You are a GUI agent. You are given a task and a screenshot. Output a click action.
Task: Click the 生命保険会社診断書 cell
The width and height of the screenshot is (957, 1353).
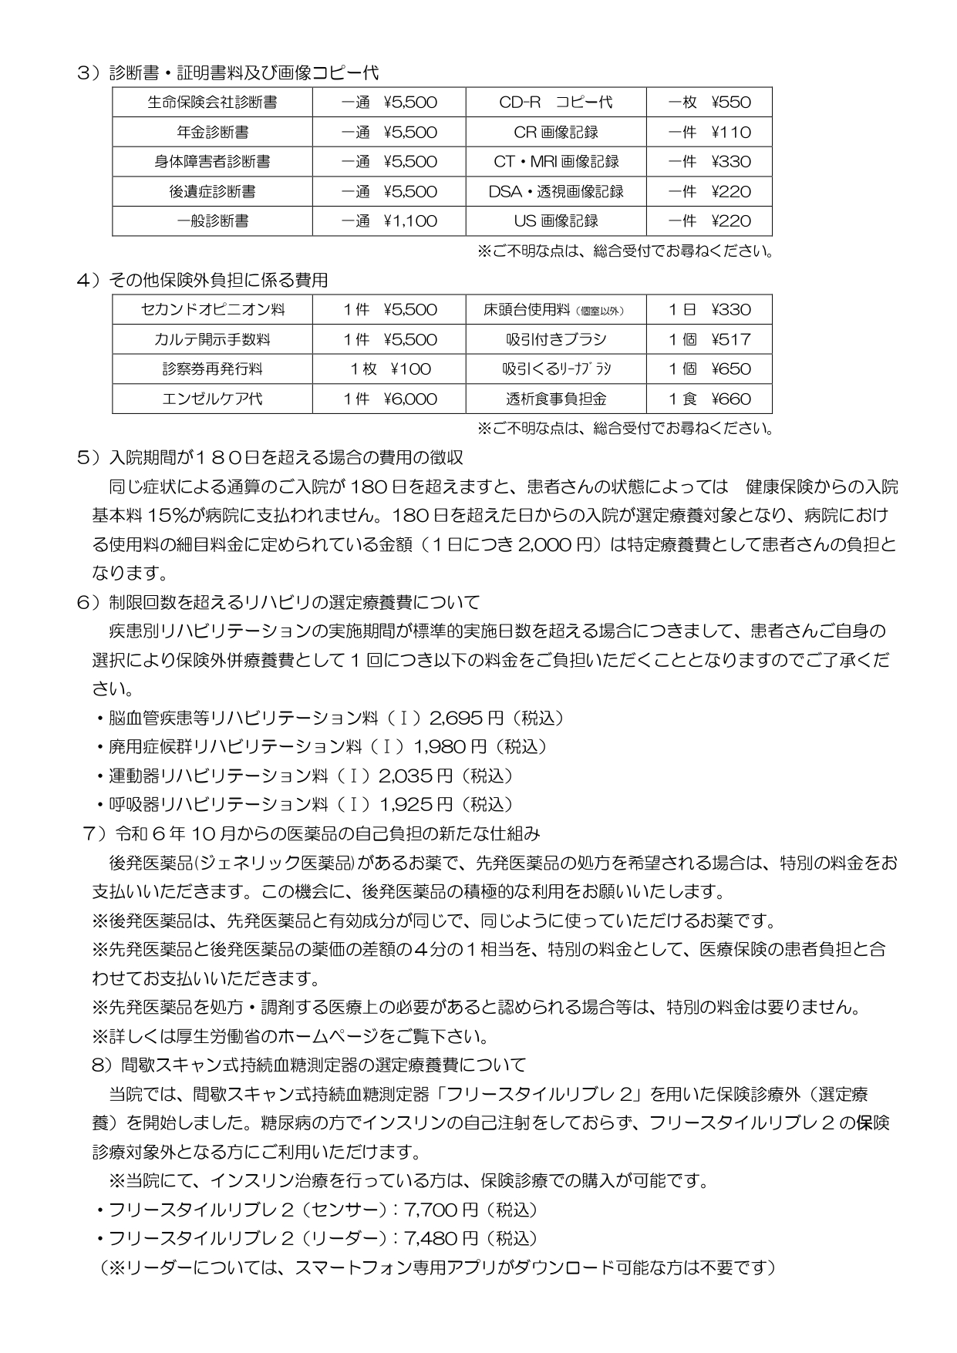tap(212, 103)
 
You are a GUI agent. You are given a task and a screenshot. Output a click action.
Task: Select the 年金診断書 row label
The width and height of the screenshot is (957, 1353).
tap(212, 132)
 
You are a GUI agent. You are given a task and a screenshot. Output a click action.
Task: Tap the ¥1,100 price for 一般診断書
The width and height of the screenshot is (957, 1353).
tap(389, 221)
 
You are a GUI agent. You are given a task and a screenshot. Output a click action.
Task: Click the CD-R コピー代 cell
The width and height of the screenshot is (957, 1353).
tap(556, 103)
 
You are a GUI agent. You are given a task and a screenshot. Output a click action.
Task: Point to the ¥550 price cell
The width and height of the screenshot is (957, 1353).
tap(709, 103)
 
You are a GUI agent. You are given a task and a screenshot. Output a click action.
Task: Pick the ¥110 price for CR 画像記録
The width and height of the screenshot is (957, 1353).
tap(709, 132)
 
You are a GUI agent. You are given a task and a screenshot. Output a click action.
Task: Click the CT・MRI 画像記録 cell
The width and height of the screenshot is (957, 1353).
tap(556, 162)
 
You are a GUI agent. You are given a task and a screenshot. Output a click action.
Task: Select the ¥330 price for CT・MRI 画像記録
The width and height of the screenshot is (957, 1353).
tap(709, 162)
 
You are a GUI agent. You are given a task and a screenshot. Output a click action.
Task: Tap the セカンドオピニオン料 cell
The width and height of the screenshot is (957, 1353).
tap(212, 310)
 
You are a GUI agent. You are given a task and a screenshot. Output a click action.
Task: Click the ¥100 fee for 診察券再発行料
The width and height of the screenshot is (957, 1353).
tap(389, 369)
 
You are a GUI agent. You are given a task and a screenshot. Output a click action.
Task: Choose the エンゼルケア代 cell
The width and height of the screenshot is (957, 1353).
tap(212, 399)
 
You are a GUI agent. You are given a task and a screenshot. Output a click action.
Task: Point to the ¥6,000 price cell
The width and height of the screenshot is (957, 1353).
tap(389, 399)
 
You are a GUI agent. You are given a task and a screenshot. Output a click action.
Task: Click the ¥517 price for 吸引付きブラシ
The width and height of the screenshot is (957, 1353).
tap(709, 340)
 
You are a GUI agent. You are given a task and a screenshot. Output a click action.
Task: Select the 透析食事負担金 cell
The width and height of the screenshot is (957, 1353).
tap(556, 399)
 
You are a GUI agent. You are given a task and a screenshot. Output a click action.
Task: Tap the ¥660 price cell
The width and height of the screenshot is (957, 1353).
tap(709, 399)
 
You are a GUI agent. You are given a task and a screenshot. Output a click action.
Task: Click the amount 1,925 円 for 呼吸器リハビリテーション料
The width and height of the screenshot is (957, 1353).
tap(416, 805)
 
